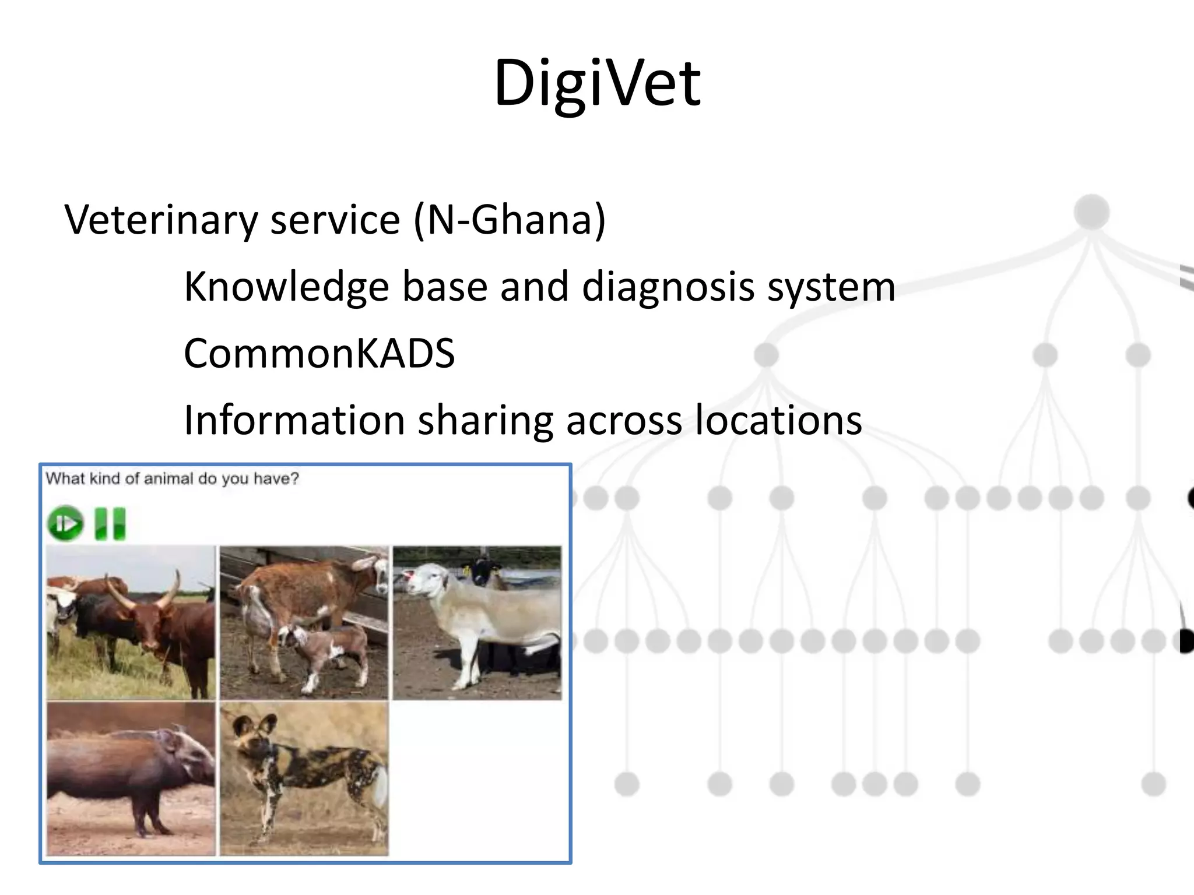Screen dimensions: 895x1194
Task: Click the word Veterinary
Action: point(161,220)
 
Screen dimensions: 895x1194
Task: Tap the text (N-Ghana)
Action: point(510,220)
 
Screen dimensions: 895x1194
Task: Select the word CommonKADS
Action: point(319,354)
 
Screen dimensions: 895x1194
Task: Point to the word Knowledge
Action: point(286,287)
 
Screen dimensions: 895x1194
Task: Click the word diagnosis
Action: point(668,287)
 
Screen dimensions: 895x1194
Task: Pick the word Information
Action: point(294,420)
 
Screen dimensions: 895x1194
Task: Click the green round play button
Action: point(65,523)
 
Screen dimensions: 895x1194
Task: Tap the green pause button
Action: point(110,523)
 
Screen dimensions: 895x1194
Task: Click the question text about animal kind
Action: point(173,479)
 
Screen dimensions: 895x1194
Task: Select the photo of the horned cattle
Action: point(131,622)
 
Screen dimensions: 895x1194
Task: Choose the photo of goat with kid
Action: point(304,622)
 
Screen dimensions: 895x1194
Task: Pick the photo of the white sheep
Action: point(477,622)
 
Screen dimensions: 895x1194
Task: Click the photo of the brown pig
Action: point(131,778)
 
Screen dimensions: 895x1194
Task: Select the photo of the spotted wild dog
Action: point(304,778)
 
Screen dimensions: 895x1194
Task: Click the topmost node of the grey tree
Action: point(1091,212)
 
